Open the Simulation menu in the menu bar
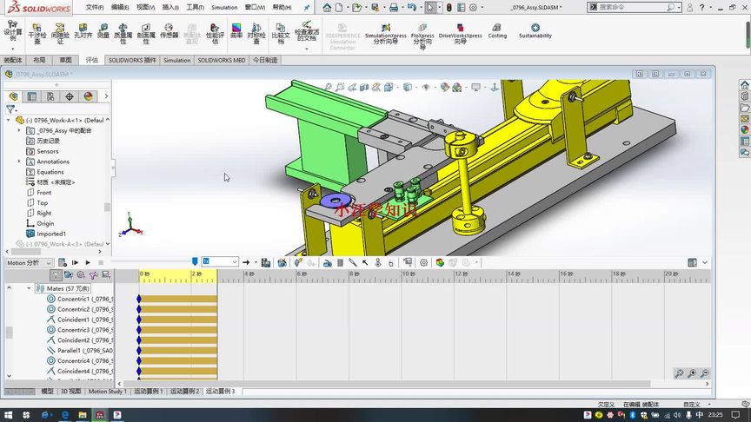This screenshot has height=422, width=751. point(224,7)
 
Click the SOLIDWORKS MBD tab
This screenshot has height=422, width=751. point(222,61)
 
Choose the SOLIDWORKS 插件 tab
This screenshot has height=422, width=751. point(132,61)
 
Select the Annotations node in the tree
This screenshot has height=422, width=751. point(52,162)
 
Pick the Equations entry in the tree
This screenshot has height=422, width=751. point(50,172)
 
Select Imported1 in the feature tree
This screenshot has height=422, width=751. point(50,234)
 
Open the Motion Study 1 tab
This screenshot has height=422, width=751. point(108,392)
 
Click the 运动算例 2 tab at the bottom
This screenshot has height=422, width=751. point(184,392)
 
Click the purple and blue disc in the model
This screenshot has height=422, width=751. point(331,202)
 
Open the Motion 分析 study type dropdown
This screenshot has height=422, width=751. point(29,262)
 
